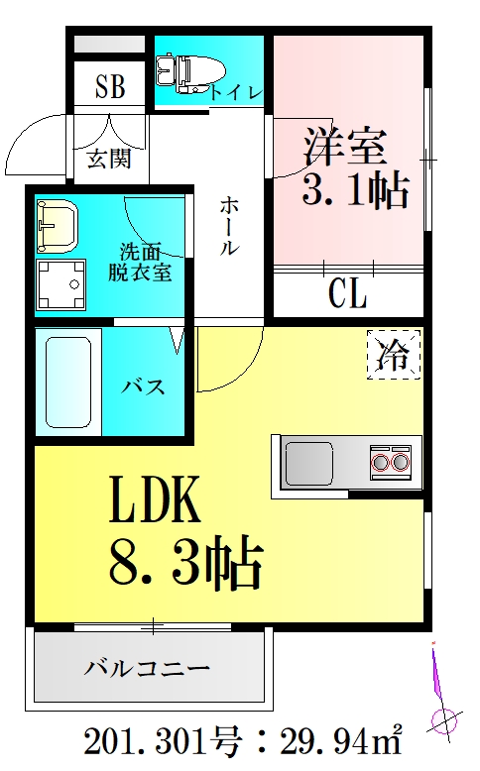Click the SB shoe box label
click(x=110, y=88)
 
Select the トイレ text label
click(x=237, y=93)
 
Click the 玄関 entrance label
click(x=109, y=158)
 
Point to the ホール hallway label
click(x=228, y=226)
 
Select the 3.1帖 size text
click(x=355, y=190)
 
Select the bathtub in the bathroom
click(x=67, y=382)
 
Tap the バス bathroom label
click(x=144, y=386)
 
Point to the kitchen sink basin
click(x=310, y=462)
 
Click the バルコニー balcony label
click(x=146, y=668)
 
